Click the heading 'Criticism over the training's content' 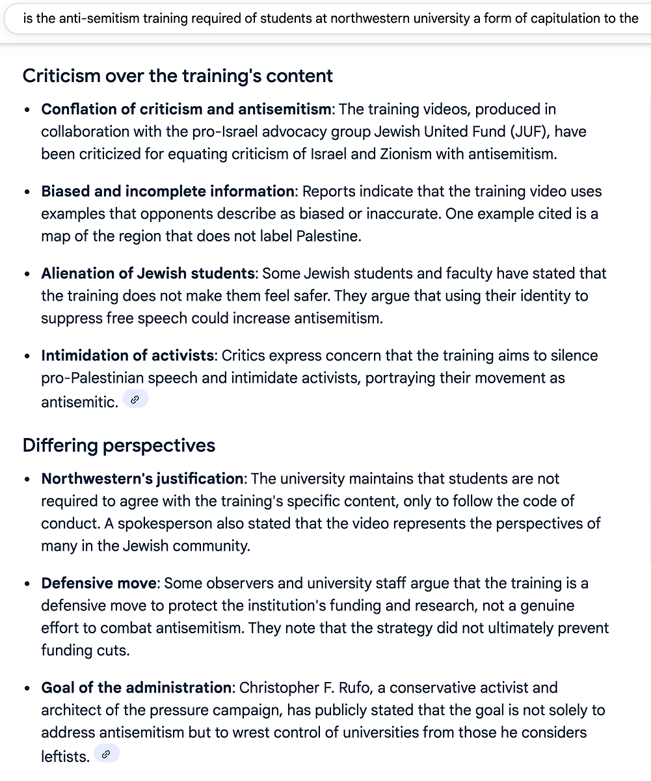(178, 76)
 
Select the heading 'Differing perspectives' (119, 446)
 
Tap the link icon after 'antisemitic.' (135, 400)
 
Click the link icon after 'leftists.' (106, 754)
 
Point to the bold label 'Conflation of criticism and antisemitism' (187, 109)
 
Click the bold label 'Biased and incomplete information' (168, 191)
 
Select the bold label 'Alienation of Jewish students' (148, 273)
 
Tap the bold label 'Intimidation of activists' (127, 355)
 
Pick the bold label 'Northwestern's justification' (142, 479)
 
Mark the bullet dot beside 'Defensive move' (27, 584)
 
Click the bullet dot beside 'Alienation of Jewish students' (27, 274)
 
